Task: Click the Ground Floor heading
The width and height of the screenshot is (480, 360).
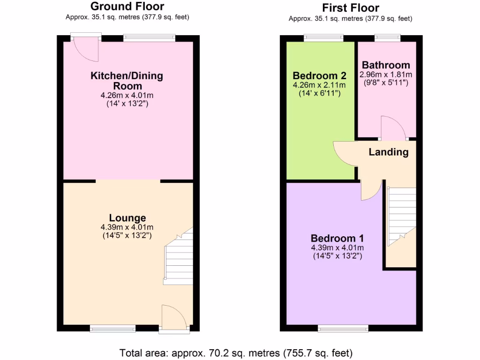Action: [x=127, y=7]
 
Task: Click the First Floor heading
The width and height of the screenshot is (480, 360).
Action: [x=350, y=7]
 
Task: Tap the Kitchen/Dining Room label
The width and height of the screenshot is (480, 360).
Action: [x=127, y=81]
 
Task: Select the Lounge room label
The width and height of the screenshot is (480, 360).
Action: [x=127, y=218]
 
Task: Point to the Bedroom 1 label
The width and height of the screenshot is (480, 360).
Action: [x=337, y=238]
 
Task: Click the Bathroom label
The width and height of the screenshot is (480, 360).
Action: [x=386, y=65]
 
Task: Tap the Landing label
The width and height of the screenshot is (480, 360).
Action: [x=388, y=152]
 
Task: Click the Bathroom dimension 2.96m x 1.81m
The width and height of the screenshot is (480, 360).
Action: [x=386, y=75]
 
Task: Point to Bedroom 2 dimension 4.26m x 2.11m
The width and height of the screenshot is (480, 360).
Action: [x=319, y=85]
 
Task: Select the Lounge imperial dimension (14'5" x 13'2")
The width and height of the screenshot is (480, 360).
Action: [x=127, y=236]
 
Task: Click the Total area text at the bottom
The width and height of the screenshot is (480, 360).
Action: [x=236, y=353]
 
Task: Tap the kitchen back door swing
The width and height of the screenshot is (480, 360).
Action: [x=89, y=51]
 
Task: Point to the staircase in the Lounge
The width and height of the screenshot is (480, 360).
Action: [x=179, y=258]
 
